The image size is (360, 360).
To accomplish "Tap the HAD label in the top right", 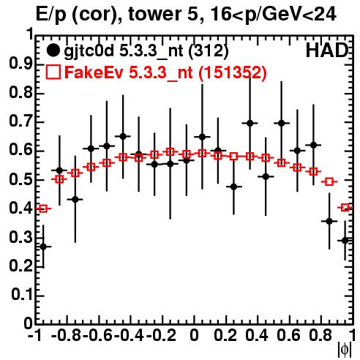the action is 327,50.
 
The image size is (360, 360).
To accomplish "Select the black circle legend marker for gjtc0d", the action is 53,50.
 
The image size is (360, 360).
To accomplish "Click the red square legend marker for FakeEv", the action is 53,72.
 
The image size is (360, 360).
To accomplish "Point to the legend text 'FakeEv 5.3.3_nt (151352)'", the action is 165,72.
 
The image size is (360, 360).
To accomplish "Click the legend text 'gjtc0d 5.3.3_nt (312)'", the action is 146,51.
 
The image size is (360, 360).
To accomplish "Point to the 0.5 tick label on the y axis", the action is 20,180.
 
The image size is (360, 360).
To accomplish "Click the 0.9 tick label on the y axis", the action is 20,64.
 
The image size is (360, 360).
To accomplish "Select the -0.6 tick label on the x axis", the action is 97,335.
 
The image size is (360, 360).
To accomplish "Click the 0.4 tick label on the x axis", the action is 257,335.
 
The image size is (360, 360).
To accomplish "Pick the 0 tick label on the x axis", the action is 194,335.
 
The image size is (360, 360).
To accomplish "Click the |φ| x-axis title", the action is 345,350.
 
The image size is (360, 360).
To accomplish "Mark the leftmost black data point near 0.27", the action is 43,247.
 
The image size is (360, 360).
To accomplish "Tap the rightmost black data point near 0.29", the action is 345,241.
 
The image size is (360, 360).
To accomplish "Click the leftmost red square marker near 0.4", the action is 43,209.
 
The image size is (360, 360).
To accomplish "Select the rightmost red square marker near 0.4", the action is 345,208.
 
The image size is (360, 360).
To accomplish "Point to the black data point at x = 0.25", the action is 233,187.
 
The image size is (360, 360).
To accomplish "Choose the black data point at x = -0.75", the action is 75,200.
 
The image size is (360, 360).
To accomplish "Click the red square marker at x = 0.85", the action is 329,181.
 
